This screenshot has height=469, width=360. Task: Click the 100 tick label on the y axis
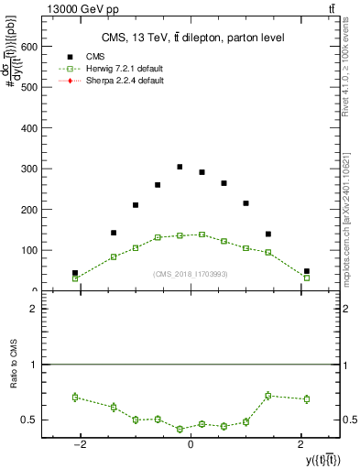(28, 250)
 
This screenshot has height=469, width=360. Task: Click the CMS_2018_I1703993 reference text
(191, 274)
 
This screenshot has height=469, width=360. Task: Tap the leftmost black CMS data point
(75, 273)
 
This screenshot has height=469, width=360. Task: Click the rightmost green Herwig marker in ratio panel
(307, 398)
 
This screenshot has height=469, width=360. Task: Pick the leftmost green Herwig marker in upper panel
(75, 278)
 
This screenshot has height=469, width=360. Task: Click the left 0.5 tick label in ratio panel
(31, 420)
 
